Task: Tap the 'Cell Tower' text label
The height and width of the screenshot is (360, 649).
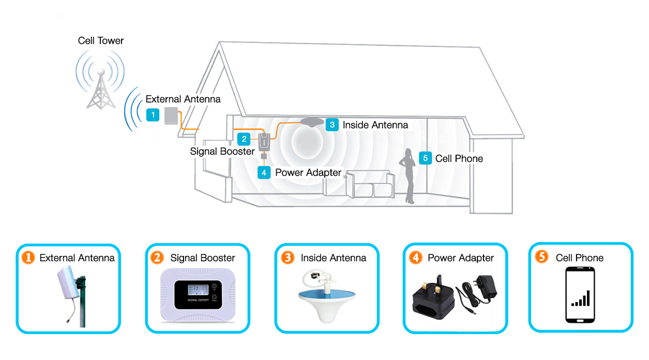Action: click(101, 41)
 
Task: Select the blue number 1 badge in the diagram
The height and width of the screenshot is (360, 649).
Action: click(153, 115)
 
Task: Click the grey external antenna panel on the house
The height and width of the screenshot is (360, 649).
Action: click(171, 116)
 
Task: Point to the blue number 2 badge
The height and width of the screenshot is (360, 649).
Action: click(244, 139)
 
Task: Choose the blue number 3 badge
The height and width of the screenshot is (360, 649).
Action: click(332, 125)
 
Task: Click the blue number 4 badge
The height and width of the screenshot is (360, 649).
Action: click(264, 172)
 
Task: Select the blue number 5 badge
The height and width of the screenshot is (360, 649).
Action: click(425, 158)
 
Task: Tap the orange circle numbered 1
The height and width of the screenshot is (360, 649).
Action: click(27, 257)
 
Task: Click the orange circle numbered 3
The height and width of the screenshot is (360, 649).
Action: click(288, 257)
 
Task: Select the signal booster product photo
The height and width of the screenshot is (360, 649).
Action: click(198, 295)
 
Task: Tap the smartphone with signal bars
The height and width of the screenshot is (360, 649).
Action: click(581, 295)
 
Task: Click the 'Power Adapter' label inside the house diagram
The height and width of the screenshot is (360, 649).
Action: click(308, 173)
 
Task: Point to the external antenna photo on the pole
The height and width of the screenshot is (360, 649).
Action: click(72, 295)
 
